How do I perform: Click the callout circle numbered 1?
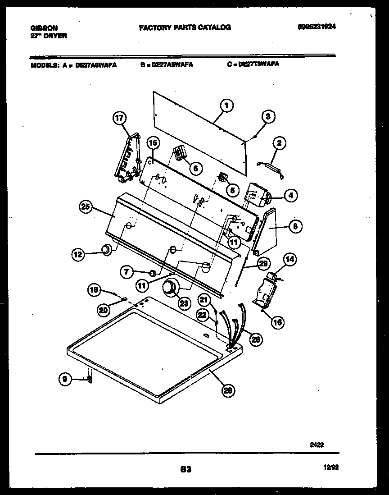pos(227,106)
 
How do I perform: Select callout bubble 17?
pos(119,119)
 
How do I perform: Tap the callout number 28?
pos(229,391)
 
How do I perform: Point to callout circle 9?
pos(65,380)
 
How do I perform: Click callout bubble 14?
pos(290,259)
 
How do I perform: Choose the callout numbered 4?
pos(290,196)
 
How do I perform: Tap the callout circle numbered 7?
pos(127,271)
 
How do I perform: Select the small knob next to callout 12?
pos(106,249)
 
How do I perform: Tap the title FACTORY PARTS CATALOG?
pos(185,27)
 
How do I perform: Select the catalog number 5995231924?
pos(317,27)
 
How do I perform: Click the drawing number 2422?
pos(317,445)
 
